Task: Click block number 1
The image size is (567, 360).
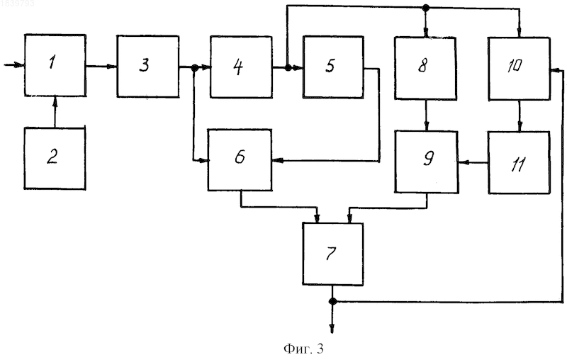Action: pyautogui.click(x=55, y=65)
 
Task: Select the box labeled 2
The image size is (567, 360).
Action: pyautogui.click(x=55, y=158)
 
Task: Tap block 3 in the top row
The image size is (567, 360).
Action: pyautogui.click(x=148, y=67)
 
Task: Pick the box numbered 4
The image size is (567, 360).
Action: pyautogui.click(x=241, y=67)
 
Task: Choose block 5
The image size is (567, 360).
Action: pyautogui.click(x=333, y=67)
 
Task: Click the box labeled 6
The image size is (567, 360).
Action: pyautogui.click(x=240, y=159)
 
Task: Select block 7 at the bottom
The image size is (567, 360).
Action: pyautogui.click(x=333, y=254)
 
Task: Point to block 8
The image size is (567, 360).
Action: pyautogui.click(x=425, y=68)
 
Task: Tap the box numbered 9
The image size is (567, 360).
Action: pyautogui.click(x=427, y=162)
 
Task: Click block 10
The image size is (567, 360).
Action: pyautogui.click(x=520, y=68)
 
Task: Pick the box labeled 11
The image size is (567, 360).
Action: pyautogui.click(x=520, y=163)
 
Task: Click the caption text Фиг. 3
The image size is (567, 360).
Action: pyautogui.click(x=303, y=349)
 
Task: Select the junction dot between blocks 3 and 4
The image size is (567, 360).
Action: pyautogui.click(x=194, y=67)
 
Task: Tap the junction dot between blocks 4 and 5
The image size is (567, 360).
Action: pyautogui.click(x=288, y=67)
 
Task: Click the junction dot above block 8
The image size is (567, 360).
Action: pyautogui.click(x=426, y=7)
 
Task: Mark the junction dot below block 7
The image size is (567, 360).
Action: pyautogui.click(x=333, y=301)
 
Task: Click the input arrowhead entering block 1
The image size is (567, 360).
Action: pyautogui.click(x=20, y=65)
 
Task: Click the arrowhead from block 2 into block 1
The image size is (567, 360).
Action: pyautogui.click(x=55, y=101)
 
